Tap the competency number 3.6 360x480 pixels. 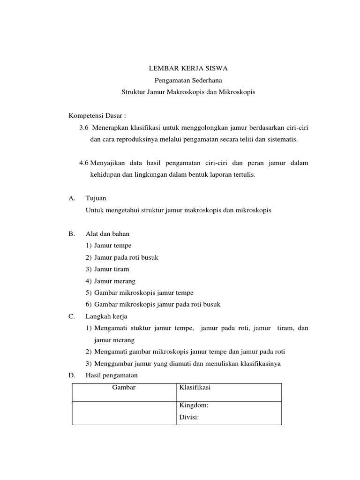coord(84,127)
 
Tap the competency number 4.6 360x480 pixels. coord(84,163)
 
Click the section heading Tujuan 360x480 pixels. coord(96,198)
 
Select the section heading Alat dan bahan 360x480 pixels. coord(107,233)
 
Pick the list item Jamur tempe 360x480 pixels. coord(112,245)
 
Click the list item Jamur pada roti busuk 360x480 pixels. coord(129,257)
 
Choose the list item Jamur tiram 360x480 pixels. coord(112,269)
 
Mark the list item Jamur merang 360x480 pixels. coord(114,281)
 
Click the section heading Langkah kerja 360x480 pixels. coord(106,316)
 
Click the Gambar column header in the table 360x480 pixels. coord(124,388)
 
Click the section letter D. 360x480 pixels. coord(71,375)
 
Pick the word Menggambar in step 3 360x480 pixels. coord(113,364)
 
